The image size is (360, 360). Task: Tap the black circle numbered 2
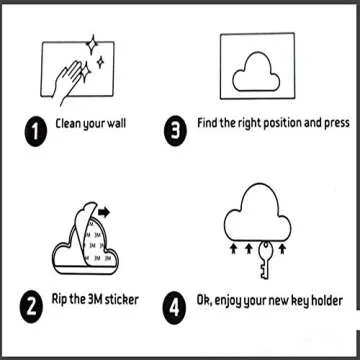click(31, 307)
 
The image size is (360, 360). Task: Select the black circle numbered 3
click(175, 130)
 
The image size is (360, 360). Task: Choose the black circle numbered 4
click(174, 308)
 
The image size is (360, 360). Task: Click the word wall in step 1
click(116, 124)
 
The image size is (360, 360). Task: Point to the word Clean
click(68, 124)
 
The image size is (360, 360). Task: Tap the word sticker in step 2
click(121, 299)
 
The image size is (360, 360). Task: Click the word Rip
click(59, 300)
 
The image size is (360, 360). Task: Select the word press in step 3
click(337, 123)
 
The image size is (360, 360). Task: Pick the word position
click(283, 123)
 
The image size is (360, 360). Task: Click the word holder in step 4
click(327, 301)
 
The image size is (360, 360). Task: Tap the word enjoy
click(228, 302)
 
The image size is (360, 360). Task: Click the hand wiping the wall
click(68, 83)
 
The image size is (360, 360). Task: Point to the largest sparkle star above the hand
click(91, 44)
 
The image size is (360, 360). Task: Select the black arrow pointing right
click(104, 212)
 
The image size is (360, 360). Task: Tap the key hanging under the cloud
click(265, 260)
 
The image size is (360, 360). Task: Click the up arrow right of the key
click(282, 249)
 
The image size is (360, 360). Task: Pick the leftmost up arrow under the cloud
click(234, 249)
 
